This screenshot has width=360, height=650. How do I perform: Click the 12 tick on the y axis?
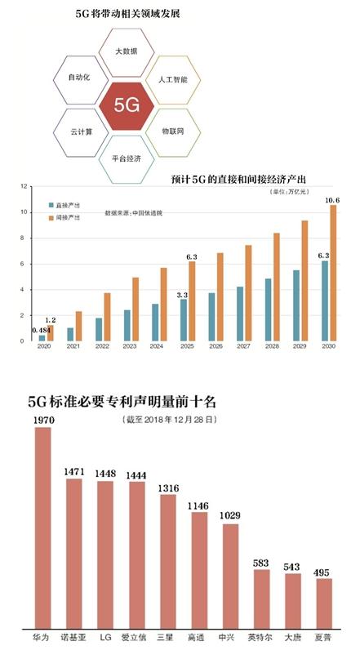[x=26, y=187]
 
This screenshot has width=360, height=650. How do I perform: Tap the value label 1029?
[x=230, y=517]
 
